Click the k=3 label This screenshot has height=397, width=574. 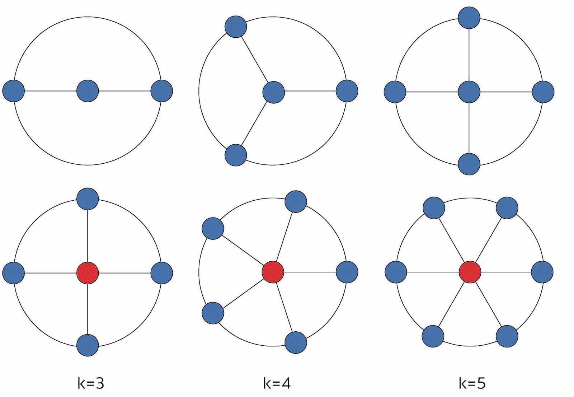[91, 383]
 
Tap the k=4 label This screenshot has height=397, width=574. [277, 383]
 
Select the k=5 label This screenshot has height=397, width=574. [472, 383]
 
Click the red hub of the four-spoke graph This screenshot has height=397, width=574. [88, 273]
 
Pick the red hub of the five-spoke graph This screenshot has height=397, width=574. [273, 272]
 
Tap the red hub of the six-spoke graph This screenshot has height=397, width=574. [470, 272]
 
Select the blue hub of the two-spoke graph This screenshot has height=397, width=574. [88, 91]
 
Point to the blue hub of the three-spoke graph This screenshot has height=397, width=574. [274, 92]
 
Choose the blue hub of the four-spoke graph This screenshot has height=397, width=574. [469, 92]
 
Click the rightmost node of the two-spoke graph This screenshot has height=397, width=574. [162, 91]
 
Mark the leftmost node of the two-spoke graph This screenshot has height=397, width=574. [14, 91]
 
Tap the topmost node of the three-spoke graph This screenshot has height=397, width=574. [236, 27]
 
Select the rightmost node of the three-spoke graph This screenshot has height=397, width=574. [347, 91]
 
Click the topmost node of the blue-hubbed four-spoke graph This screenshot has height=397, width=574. [469, 18]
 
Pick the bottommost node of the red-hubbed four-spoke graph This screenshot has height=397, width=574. [88, 345]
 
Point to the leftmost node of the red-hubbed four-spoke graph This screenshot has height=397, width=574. [14, 273]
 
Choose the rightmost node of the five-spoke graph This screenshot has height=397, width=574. [347, 272]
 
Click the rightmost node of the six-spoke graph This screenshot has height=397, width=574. [542, 272]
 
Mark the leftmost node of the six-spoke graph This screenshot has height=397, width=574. [396, 272]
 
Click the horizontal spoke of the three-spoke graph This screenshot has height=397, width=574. [310, 92]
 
